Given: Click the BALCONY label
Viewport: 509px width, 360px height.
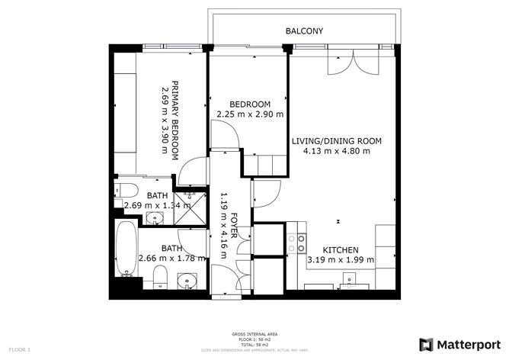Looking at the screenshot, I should pyautogui.click(x=304, y=31).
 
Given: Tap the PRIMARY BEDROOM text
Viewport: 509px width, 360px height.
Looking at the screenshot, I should pyautogui.click(x=174, y=119).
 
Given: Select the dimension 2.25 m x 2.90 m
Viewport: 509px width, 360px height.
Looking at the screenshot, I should pyautogui.click(x=250, y=114).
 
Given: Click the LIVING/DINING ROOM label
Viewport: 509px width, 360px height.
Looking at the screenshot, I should pyautogui.click(x=336, y=141).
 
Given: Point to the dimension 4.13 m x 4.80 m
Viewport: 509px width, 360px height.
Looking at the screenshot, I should pyautogui.click(x=336, y=151).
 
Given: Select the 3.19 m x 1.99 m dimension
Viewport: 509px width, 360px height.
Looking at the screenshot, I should pyautogui.click(x=340, y=260).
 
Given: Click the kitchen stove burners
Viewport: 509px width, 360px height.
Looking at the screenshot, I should pyautogui.click(x=296, y=243).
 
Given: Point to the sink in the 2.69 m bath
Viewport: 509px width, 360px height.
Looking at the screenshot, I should pyautogui.click(x=156, y=219).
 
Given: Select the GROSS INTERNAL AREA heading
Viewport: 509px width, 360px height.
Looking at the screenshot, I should pyautogui.click(x=254, y=334).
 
